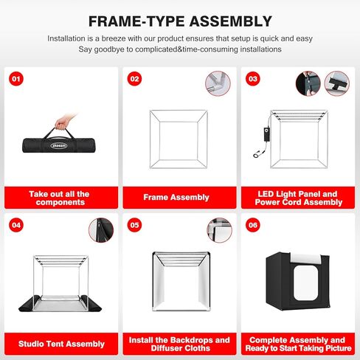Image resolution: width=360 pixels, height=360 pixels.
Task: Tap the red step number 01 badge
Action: [16, 77]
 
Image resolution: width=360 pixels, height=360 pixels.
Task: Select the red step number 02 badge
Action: [134, 77]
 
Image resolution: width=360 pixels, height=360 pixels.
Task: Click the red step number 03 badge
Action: [253, 77]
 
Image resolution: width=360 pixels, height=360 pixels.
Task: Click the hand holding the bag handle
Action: [64, 120]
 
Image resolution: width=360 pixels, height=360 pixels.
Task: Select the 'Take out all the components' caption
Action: [59, 198]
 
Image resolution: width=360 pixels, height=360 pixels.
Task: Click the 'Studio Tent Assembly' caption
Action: [59, 343]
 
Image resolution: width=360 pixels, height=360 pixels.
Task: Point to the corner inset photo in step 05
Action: [219, 229]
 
